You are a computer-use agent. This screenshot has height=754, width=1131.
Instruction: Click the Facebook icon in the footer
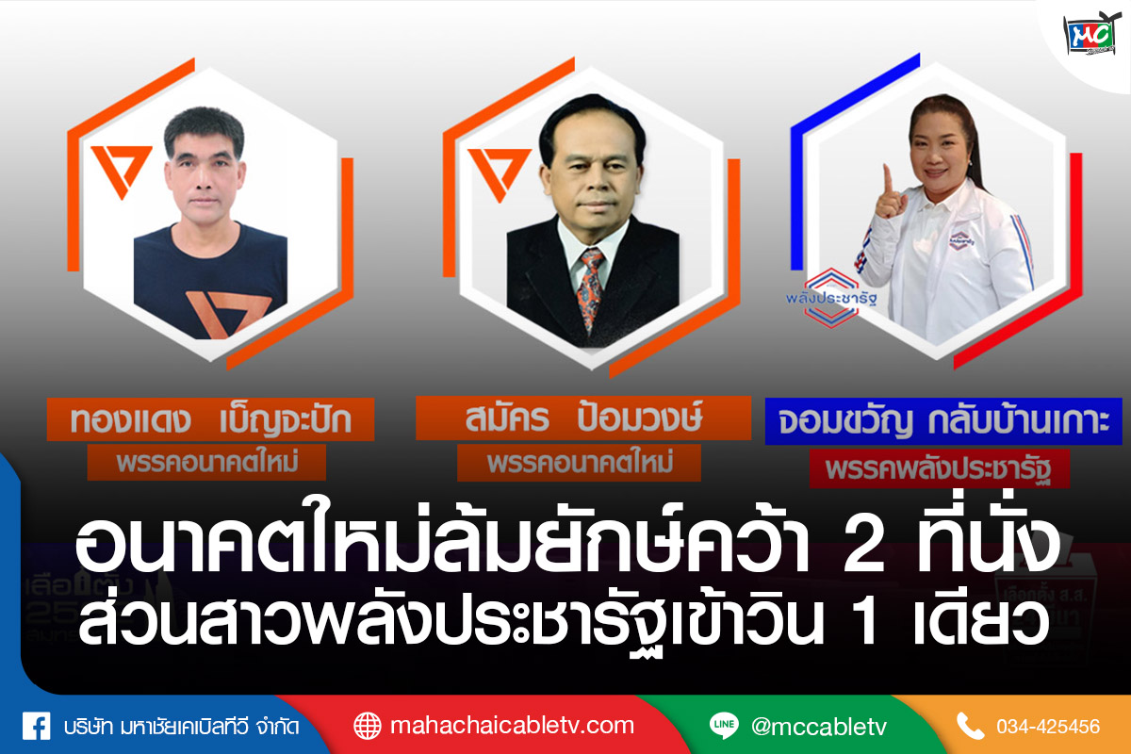pos(37,727)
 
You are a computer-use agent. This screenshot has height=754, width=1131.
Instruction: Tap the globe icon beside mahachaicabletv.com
pos(367,727)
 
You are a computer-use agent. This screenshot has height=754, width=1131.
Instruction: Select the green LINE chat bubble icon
pos(724,725)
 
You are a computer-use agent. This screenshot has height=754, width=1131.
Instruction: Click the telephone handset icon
pos(970,727)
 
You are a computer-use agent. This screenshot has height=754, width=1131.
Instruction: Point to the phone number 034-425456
pos(1048,727)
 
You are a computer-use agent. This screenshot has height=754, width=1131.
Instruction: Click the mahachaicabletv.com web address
pos(512,726)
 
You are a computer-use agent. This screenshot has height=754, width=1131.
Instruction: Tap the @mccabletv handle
pos(818,727)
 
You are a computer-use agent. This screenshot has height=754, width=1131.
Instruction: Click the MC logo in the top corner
pos(1091,34)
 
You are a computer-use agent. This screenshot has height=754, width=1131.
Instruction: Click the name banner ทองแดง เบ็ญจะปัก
pos(210,419)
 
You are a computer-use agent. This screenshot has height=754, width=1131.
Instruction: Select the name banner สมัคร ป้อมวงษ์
pos(583,418)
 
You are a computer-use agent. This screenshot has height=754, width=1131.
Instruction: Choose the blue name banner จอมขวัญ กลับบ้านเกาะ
pos(943,421)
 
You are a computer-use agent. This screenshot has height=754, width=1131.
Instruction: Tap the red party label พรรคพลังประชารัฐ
pos(939,468)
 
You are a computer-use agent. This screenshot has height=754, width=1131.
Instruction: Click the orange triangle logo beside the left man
pos(121,171)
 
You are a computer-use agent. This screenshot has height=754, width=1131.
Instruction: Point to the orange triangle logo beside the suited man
pos(498,173)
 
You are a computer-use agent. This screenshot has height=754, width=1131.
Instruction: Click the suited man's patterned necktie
pos(590,288)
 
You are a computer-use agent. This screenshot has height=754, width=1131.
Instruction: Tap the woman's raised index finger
pos(888,180)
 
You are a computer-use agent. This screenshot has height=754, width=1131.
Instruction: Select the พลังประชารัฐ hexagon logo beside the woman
pos(831,298)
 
